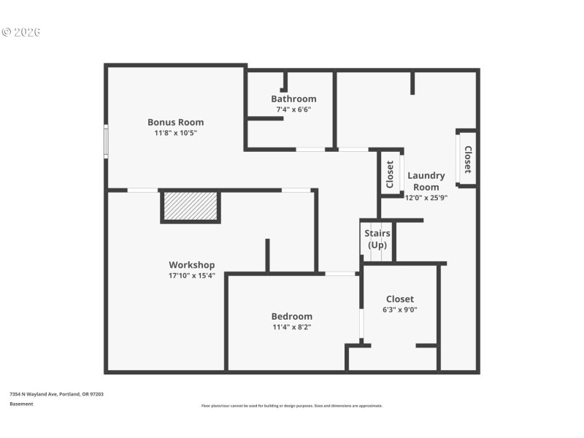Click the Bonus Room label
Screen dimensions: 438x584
pyautogui.click(x=175, y=122)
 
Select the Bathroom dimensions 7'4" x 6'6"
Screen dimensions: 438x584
pyautogui.click(x=293, y=109)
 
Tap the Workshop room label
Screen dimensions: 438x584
pyautogui.click(x=191, y=264)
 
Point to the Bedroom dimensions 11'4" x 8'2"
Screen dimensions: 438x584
pyautogui.click(x=291, y=327)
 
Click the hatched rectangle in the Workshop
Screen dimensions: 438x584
pyautogui.click(x=190, y=206)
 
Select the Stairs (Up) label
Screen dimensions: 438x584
pyautogui.click(x=377, y=239)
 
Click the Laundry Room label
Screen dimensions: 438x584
pyautogui.click(x=426, y=181)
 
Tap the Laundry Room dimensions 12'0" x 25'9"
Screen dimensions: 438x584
pyautogui.click(x=426, y=197)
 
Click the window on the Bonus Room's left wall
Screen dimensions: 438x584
pyautogui.click(x=106, y=141)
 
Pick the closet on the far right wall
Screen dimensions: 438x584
pyautogui.click(x=467, y=158)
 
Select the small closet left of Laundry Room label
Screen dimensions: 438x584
pyautogui.click(x=390, y=174)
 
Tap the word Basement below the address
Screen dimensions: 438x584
pyautogui.click(x=21, y=403)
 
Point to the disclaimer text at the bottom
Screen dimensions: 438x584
pyautogui.click(x=291, y=405)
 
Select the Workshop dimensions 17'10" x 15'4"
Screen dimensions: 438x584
pyautogui.click(x=191, y=275)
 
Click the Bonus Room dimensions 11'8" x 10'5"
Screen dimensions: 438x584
pyautogui.click(x=175, y=133)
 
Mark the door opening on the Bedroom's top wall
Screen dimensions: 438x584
pyautogui.click(x=340, y=274)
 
